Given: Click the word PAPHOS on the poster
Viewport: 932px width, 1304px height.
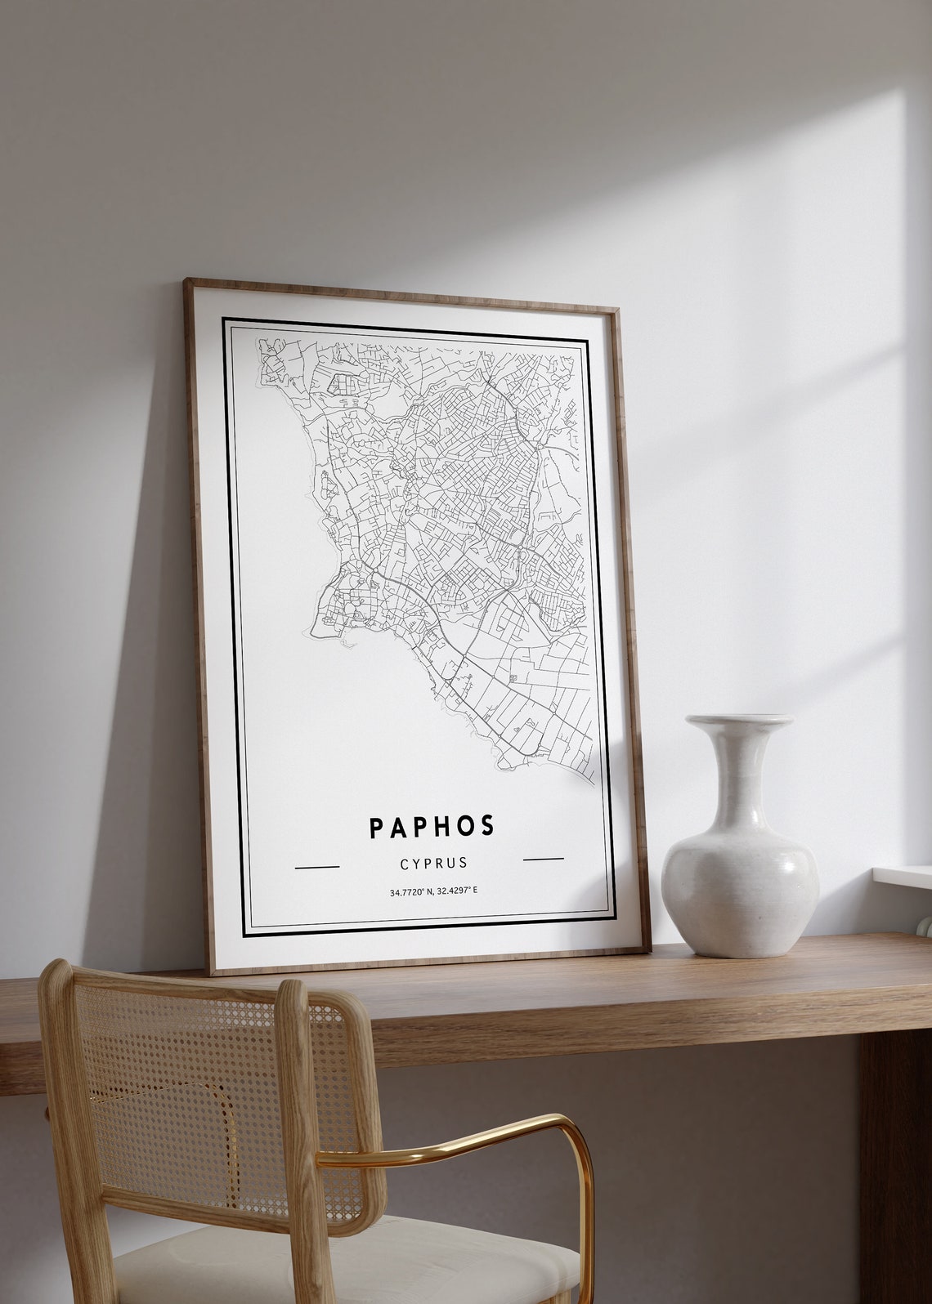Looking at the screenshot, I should (x=432, y=827).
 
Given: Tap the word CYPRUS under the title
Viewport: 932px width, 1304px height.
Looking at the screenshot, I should (x=433, y=863).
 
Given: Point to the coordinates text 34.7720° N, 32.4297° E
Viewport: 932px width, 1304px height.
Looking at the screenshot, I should (x=433, y=891).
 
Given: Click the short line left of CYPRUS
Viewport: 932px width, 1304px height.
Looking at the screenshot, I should (x=316, y=866).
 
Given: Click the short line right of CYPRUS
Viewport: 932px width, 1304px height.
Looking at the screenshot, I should (x=543, y=859).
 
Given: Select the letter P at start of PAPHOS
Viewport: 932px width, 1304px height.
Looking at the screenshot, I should (x=376, y=828).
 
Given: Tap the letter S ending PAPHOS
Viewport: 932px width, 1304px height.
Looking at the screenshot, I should (x=487, y=826).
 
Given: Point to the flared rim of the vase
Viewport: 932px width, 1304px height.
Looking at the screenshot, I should (x=739, y=721).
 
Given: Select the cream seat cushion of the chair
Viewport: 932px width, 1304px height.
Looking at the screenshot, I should (x=343, y=1266).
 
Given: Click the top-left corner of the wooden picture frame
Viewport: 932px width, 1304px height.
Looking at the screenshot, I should (x=187, y=283).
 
